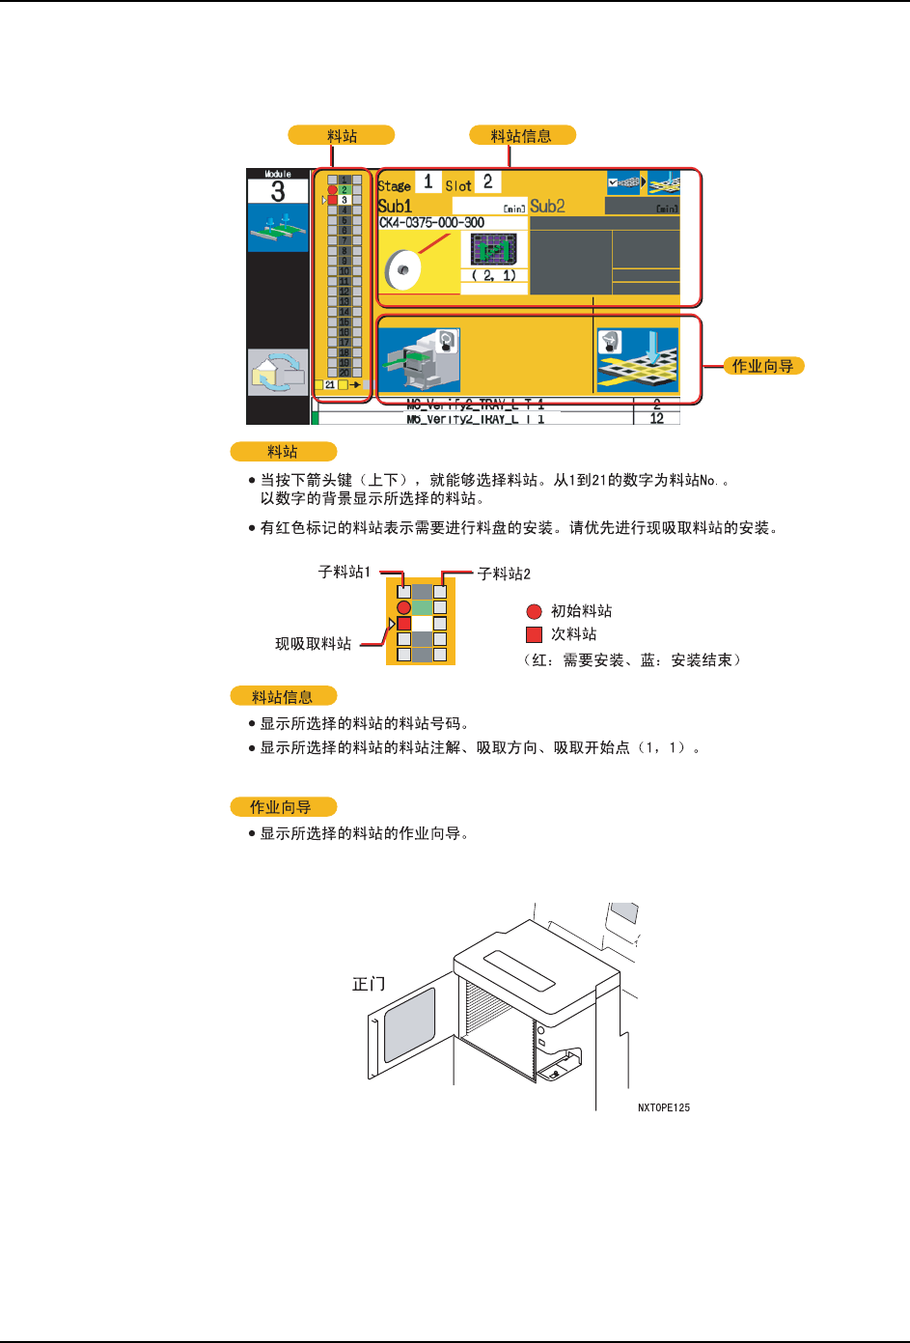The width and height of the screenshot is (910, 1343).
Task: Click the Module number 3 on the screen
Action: (278, 191)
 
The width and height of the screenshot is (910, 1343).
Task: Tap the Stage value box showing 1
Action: (427, 182)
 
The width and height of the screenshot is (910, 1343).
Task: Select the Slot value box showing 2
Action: (487, 182)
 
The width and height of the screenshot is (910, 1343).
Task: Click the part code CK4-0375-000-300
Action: (431, 223)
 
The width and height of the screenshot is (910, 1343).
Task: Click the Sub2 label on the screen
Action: (547, 206)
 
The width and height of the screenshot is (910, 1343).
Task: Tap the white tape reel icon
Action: (402, 269)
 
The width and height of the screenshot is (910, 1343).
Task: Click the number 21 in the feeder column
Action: (330, 385)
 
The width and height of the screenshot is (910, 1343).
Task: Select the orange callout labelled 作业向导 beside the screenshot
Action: (762, 366)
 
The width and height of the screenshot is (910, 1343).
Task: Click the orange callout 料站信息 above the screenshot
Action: (521, 136)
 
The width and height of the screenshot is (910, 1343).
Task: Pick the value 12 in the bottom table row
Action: (656, 419)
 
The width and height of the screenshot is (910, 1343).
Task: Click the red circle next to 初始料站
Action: (534, 611)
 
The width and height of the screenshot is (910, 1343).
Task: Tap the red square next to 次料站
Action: (534, 634)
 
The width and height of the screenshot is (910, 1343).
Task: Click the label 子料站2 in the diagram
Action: (504, 574)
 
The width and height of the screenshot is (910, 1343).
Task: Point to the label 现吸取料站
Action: (313, 644)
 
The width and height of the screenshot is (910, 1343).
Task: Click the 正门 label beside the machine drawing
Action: (369, 984)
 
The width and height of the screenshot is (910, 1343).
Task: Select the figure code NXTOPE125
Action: (664, 1107)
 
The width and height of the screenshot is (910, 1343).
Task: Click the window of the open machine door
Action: (409, 1022)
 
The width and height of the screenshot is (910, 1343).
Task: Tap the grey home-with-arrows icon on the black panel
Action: (278, 372)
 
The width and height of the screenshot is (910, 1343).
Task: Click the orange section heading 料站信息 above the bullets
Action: (283, 696)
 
